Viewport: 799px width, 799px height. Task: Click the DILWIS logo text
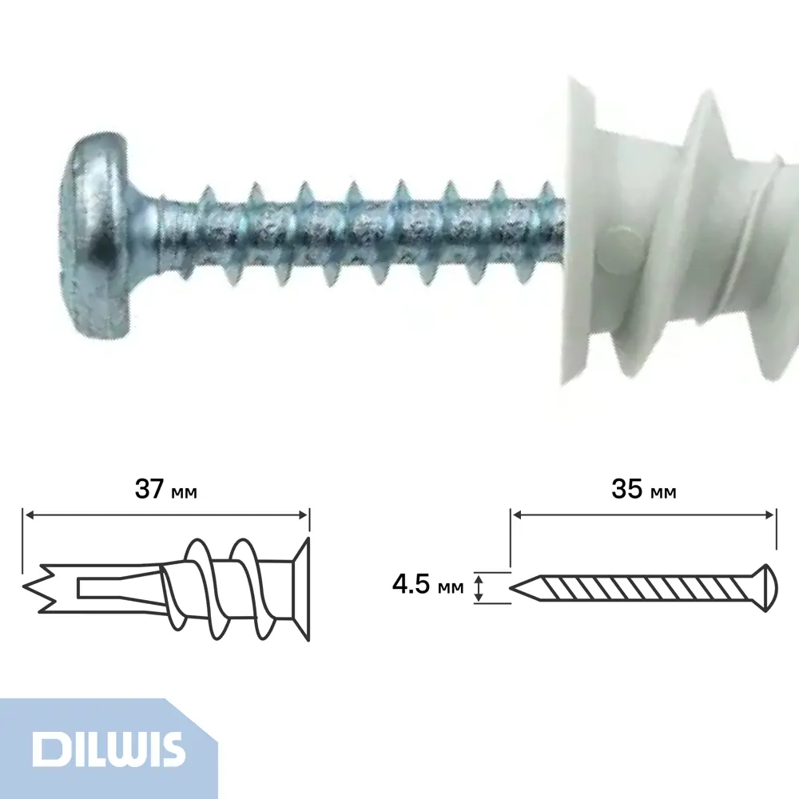(109, 749)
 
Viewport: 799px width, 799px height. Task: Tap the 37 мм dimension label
(165, 489)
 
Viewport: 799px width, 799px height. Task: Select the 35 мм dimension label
(644, 489)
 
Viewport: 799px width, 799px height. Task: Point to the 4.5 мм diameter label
(428, 584)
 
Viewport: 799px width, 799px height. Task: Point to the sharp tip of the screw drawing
(511, 588)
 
